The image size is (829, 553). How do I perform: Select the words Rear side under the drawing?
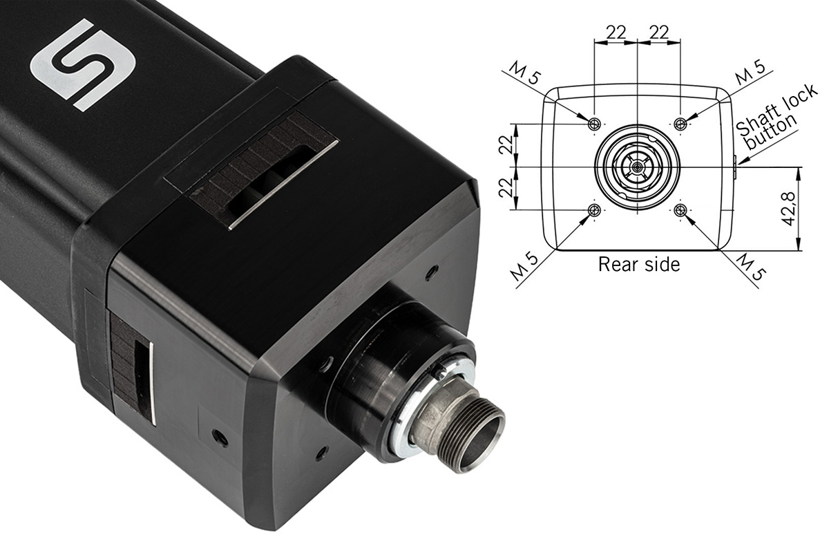pos(638,264)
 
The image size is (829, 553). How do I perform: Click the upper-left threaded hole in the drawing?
pos(593,124)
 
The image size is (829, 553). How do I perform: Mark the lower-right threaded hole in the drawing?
pos(681,210)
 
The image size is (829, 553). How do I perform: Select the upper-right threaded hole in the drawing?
pos(681,124)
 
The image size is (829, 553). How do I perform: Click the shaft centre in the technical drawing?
pos(637,167)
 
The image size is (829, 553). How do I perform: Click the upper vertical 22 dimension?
pos(506,145)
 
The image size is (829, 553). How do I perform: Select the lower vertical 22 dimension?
pos(506,189)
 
